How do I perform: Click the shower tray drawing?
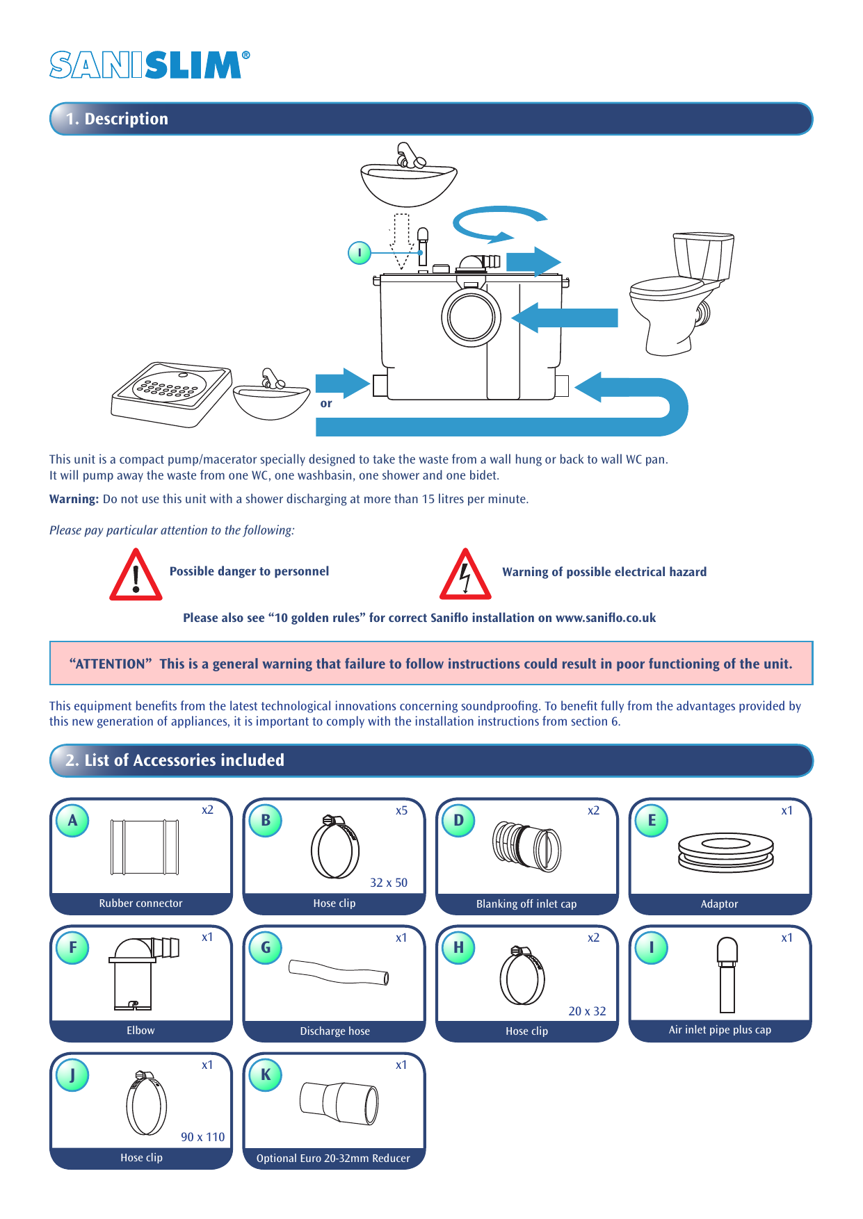click(x=170, y=392)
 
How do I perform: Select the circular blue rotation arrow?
click(x=498, y=223)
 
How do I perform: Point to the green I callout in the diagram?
click(x=359, y=252)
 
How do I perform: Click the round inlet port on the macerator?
click(x=471, y=316)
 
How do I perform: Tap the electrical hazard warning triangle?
click(x=465, y=575)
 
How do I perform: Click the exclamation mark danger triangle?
click(x=136, y=575)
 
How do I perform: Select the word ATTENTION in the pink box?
click(x=111, y=664)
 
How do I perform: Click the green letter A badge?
click(x=72, y=820)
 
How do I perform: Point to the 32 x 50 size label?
click(x=389, y=883)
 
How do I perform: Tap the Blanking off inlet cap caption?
click(x=526, y=904)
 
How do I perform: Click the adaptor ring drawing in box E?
click(x=725, y=852)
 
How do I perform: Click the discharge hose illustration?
click(x=339, y=972)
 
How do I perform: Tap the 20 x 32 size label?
click(x=587, y=1011)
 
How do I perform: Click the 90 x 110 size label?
click(x=202, y=1137)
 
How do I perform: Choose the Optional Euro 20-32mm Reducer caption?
click(x=333, y=1159)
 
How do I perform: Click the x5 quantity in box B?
click(x=401, y=810)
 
